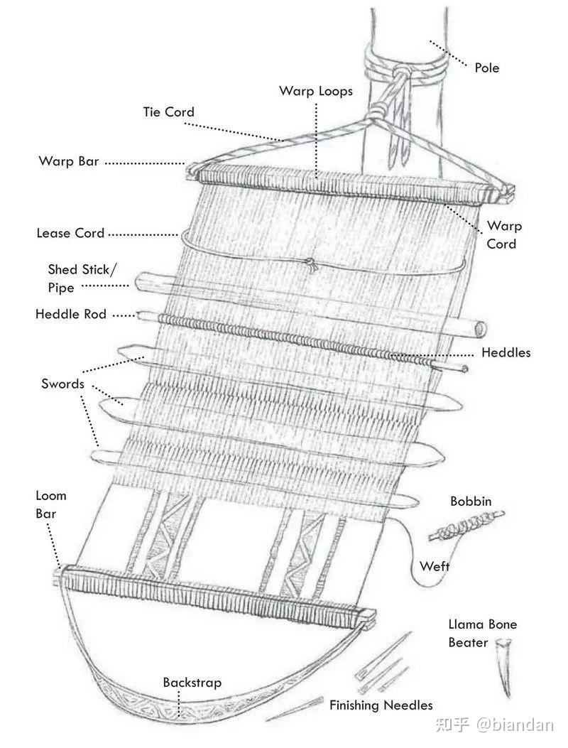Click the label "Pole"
click(x=486, y=68)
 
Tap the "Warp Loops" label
click(x=315, y=91)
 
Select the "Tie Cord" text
click(x=168, y=112)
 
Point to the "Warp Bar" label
click(x=68, y=161)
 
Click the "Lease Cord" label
click(x=70, y=232)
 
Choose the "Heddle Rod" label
click(x=70, y=313)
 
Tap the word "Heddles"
click(x=506, y=352)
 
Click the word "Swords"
click(x=62, y=384)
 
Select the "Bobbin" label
click(x=470, y=502)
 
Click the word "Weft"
click(x=434, y=566)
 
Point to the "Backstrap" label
click(x=192, y=683)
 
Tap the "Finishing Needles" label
click(x=381, y=705)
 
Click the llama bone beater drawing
click(x=503, y=668)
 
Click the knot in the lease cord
click(x=310, y=266)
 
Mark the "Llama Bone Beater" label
click(x=482, y=634)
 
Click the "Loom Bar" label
click(x=50, y=504)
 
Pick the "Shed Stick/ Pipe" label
click(x=78, y=278)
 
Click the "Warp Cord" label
click(x=503, y=235)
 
